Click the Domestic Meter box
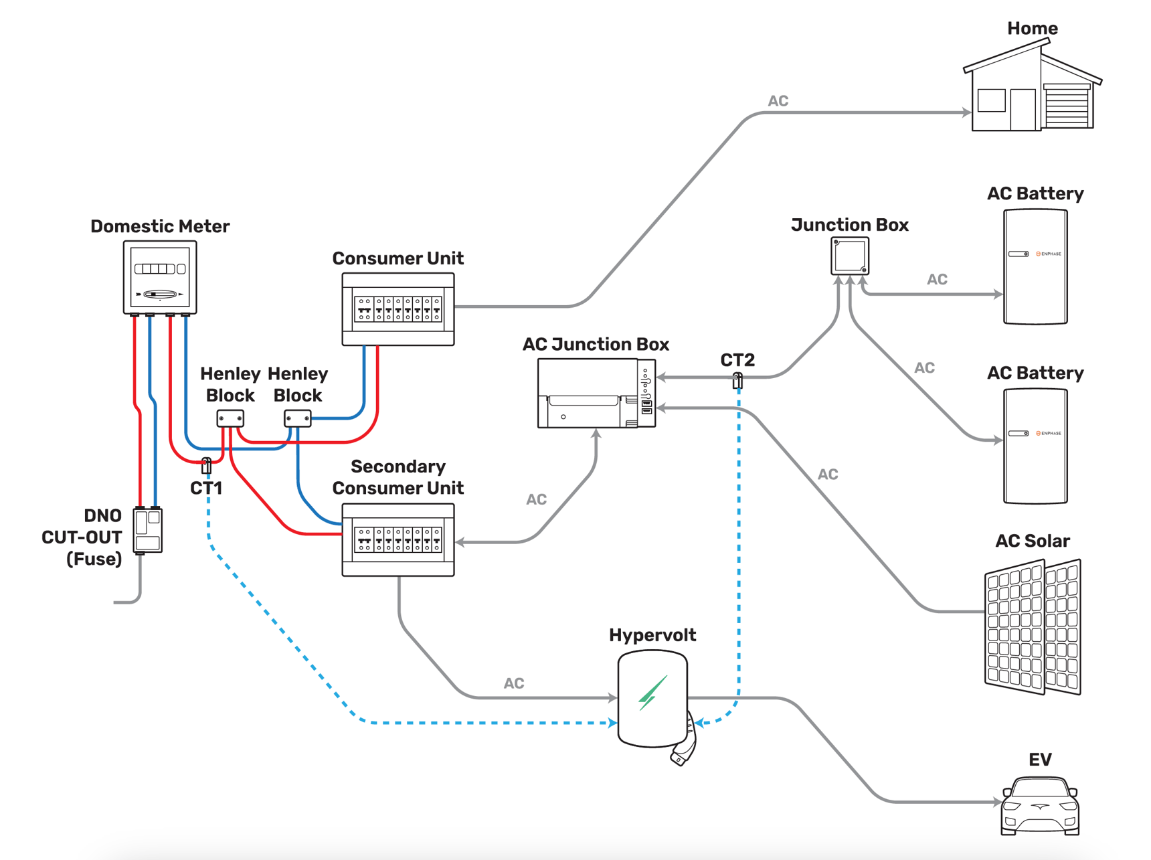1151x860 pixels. [x=160, y=277]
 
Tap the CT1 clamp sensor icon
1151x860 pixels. [x=207, y=464]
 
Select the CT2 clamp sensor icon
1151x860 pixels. [x=737, y=380]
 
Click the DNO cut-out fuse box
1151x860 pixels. [x=148, y=530]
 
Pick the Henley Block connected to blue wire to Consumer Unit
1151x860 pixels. [x=298, y=418]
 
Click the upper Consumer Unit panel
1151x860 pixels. [x=398, y=309]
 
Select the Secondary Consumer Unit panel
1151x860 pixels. [x=398, y=540]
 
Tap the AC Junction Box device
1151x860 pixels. [x=596, y=393]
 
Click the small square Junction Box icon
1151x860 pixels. [x=850, y=255]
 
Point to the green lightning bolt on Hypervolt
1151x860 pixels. [x=652, y=693]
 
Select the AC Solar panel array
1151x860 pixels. [x=1033, y=627]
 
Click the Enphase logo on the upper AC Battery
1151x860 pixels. [x=1049, y=254]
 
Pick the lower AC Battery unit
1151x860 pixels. [x=1035, y=446]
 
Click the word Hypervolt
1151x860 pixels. [x=652, y=634]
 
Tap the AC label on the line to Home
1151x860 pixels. [x=778, y=101]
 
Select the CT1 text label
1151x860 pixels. [x=206, y=488]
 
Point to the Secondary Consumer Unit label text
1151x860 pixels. [x=398, y=477]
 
